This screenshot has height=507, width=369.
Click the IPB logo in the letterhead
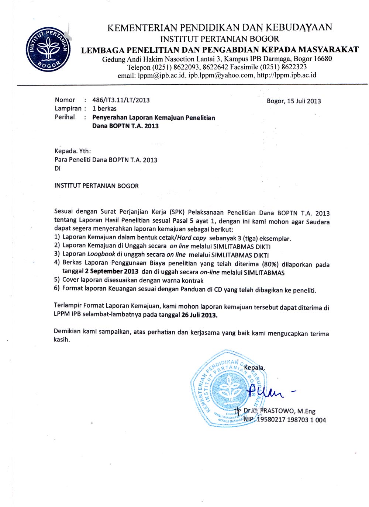click(x=48, y=49)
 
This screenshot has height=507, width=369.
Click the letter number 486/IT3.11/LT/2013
click(x=121, y=100)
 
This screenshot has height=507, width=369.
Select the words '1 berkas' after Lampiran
click(x=104, y=108)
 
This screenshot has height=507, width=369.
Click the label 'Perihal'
click(x=65, y=117)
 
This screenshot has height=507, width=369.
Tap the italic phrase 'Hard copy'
click(x=192, y=238)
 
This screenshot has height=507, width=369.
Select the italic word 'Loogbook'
click(x=101, y=254)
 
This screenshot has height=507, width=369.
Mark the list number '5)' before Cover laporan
click(x=57, y=279)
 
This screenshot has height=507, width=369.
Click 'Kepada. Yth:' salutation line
click(x=73, y=151)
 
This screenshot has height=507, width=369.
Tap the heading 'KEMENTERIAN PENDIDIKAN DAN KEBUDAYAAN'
click(x=220, y=27)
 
